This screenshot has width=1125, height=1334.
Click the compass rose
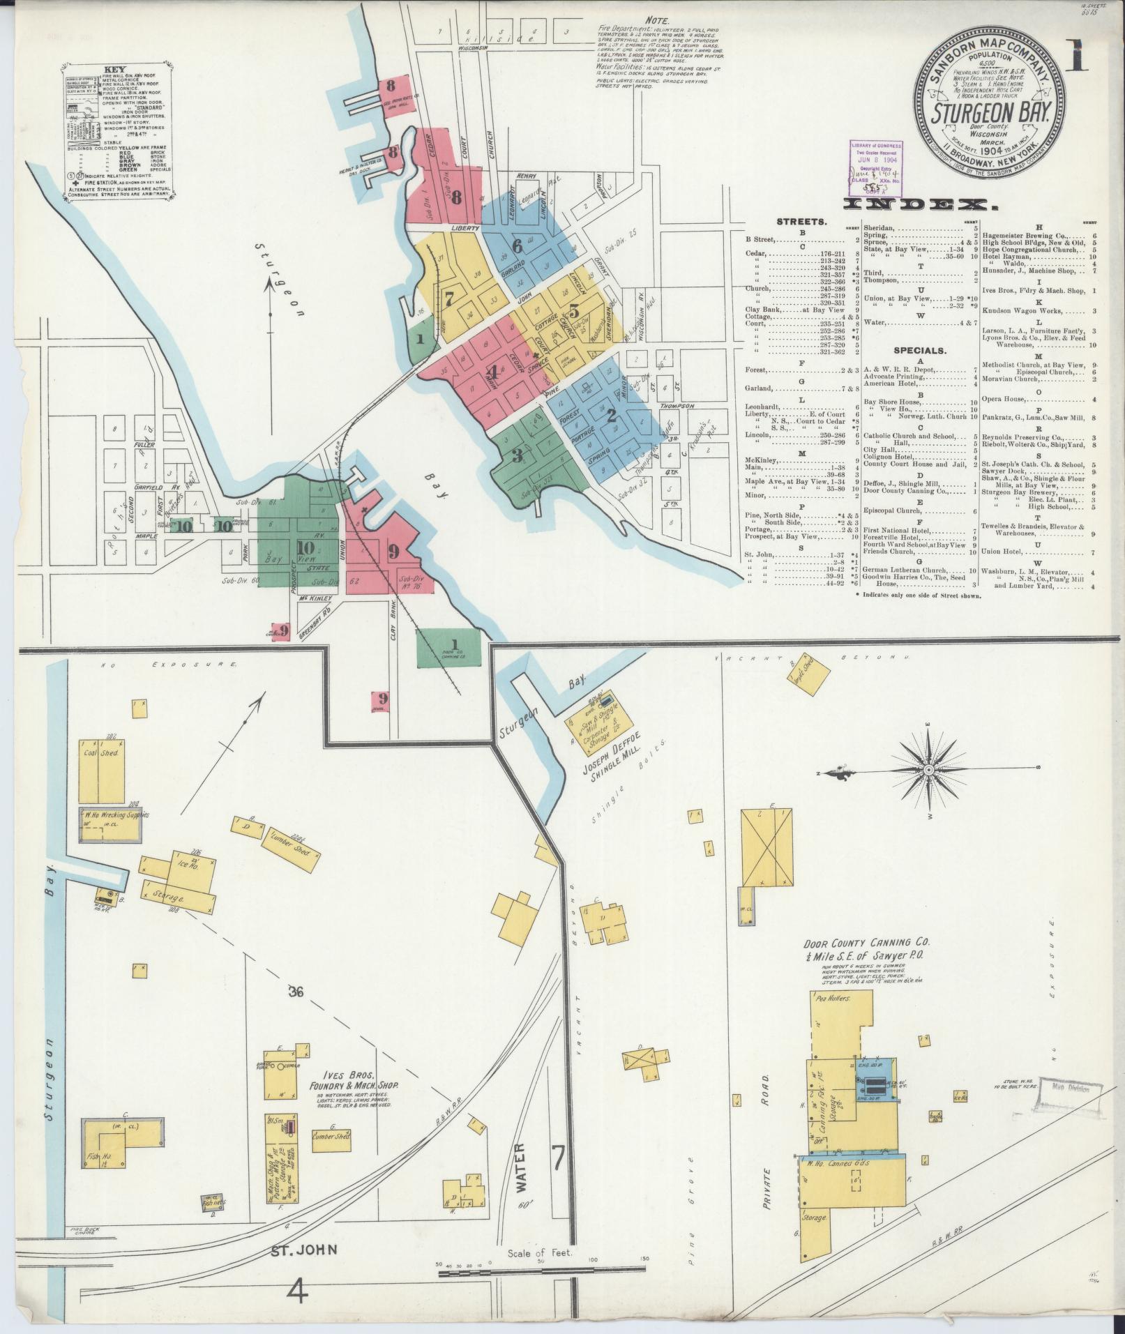pyautogui.click(x=929, y=770)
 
